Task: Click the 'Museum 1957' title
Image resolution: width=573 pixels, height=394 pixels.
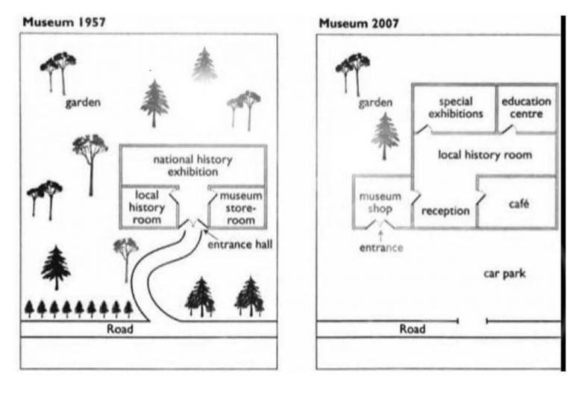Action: click(x=64, y=22)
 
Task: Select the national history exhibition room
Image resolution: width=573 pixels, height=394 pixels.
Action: click(x=192, y=165)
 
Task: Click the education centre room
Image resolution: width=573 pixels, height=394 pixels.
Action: click(x=527, y=107)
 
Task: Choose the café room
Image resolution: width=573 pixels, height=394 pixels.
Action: click(x=517, y=204)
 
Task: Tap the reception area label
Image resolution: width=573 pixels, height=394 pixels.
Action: click(x=445, y=210)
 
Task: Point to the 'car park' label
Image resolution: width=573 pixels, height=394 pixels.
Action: click(x=504, y=274)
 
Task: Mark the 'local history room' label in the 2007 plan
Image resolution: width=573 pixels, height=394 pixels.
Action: click(x=484, y=155)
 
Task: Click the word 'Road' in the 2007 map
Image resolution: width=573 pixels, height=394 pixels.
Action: click(x=413, y=328)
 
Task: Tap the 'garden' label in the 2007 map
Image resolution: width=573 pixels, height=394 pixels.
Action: click(x=375, y=102)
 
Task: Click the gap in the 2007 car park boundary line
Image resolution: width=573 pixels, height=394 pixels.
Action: click(x=472, y=321)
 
